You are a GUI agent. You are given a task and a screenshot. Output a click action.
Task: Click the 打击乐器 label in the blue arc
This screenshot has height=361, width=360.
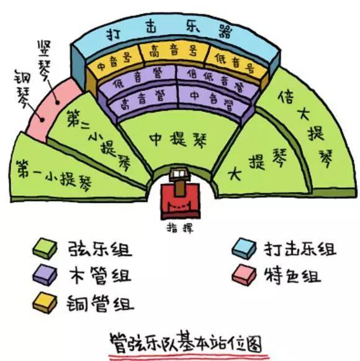tap(169, 31)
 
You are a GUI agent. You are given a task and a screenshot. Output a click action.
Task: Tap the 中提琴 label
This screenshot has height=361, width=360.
tap(178, 139)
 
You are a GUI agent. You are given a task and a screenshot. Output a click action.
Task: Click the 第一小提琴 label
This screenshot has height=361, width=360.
tap(54, 176)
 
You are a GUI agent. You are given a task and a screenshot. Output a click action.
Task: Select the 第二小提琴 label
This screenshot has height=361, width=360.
tap(99, 140)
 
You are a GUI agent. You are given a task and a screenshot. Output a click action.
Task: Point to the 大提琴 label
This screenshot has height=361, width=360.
tap(258, 164)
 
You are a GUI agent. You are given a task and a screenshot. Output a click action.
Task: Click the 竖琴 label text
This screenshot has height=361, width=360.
tap(45, 60)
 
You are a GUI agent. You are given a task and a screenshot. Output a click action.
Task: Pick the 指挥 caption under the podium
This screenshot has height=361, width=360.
tap(180, 228)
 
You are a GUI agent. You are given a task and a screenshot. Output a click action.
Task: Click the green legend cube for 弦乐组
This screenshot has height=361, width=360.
tap(45, 249)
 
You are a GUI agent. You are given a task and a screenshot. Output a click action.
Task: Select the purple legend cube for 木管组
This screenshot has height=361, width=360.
tap(45, 275)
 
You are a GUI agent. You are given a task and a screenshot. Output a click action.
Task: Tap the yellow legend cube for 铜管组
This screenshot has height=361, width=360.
tap(45, 303)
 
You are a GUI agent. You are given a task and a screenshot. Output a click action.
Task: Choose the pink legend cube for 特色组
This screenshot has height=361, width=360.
tap(244, 275)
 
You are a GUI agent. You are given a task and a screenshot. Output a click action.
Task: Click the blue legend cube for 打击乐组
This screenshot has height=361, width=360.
tap(244, 249)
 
